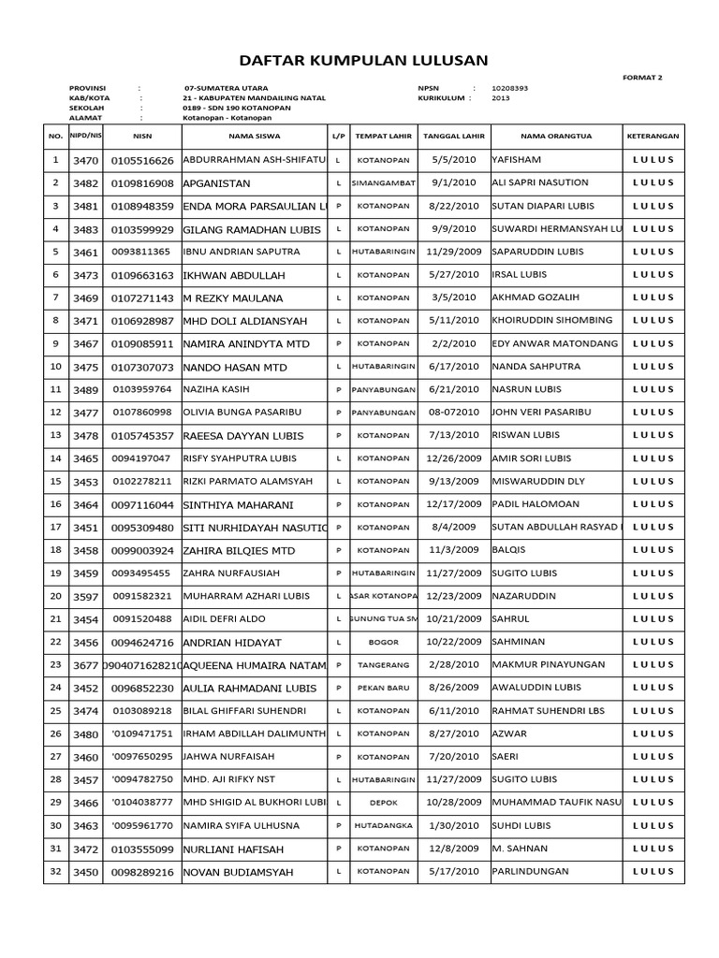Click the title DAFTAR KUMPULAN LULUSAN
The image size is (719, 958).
(364, 61)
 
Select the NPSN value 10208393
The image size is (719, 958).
(510, 88)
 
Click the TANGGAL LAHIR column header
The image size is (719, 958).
(452, 136)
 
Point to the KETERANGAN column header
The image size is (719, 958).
(653, 136)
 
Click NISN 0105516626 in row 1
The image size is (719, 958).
(142, 161)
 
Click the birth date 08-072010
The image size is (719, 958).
(452, 413)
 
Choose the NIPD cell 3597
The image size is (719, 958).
(86, 596)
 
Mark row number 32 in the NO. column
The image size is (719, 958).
(55, 871)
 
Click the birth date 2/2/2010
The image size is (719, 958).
(452, 343)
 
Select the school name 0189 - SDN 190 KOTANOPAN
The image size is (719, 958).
(237, 108)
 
